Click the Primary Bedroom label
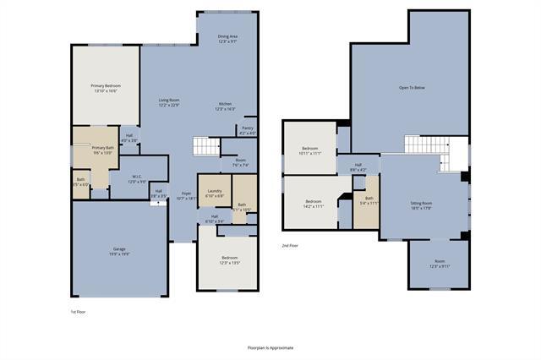[106, 88]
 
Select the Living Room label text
[169, 102]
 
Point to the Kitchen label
[225, 106]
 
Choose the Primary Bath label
[103, 150]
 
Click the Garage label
[119, 251]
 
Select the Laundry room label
[214, 193]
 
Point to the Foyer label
[186, 195]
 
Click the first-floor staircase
[206, 147]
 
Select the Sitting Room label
[422, 205]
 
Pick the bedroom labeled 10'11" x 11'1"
[310, 150]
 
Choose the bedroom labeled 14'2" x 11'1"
[314, 203]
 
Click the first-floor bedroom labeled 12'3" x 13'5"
[230, 259]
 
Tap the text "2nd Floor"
[291, 246]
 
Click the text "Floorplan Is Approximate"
[270, 347]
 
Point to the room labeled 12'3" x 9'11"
[440, 263]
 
